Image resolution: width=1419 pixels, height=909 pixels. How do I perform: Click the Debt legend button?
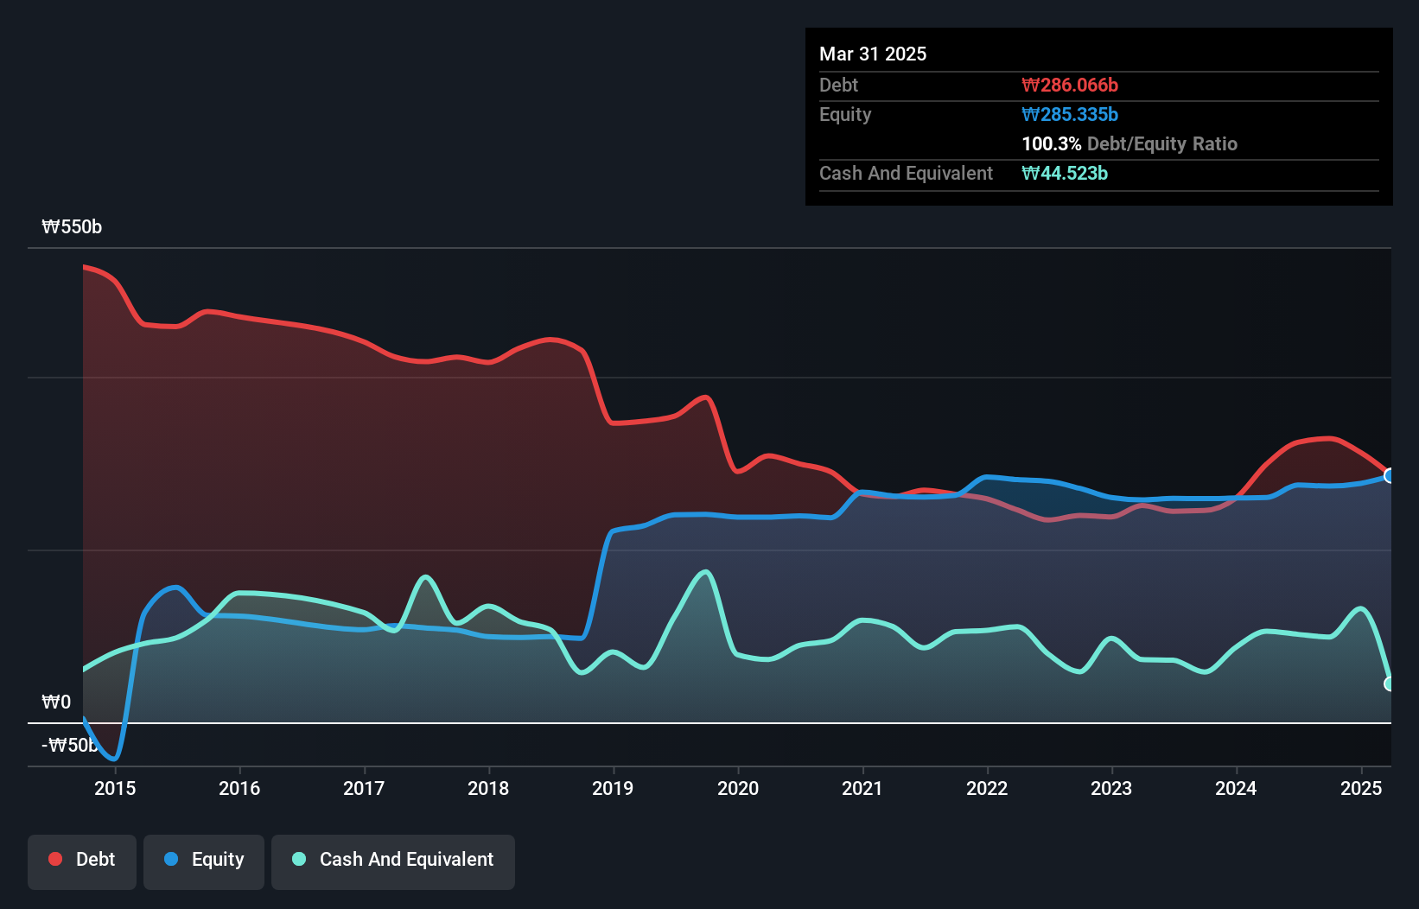pyautogui.click(x=82, y=861)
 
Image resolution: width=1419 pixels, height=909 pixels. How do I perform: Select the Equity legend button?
pyautogui.click(x=204, y=861)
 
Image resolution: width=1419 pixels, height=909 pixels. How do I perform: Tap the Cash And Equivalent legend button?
pyautogui.click(x=393, y=861)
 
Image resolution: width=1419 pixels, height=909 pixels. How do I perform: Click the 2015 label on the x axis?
pyautogui.click(x=115, y=788)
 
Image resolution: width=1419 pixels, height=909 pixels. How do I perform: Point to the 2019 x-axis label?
pyautogui.click(x=613, y=788)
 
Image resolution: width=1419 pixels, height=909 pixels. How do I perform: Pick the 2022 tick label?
pyautogui.click(x=987, y=788)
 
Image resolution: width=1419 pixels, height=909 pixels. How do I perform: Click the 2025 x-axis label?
pyautogui.click(x=1361, y=788)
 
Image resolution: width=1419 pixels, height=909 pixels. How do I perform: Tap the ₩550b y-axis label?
pyautogui.click(x=72, y=227)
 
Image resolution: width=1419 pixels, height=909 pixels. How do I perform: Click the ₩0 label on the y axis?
pyautogui.click(x=56, y=702)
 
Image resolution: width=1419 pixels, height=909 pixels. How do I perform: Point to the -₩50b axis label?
pyautogui.click(x=70, y=745)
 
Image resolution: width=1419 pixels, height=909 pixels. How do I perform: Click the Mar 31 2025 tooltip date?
pyautogui.click(x=873, y=54)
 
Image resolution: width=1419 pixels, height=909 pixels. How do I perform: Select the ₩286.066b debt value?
pyautogui.click(x=1070, y=85)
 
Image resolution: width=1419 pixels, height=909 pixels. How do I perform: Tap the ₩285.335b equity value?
pyautogui.click(x=1070, y=114)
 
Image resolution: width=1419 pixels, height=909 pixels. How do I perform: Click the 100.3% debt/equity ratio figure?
pyautogui.click(x=1051, y=143)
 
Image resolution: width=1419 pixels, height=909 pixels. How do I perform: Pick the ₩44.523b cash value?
pyautogui.click(x=1065, y=173)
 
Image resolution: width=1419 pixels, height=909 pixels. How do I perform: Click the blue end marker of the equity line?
pyautogui.click(x=1390, y=476)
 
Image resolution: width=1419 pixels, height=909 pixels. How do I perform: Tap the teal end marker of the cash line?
pyautogui.click(x=1390, y=683)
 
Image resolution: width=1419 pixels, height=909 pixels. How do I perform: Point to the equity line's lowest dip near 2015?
pyautogui.click(x=114, y=759)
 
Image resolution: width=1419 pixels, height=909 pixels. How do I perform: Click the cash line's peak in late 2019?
pyautogui.click(x=706, y=572)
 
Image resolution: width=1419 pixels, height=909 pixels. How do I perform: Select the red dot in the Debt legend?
pyautogui.click(x=55, y=859)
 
